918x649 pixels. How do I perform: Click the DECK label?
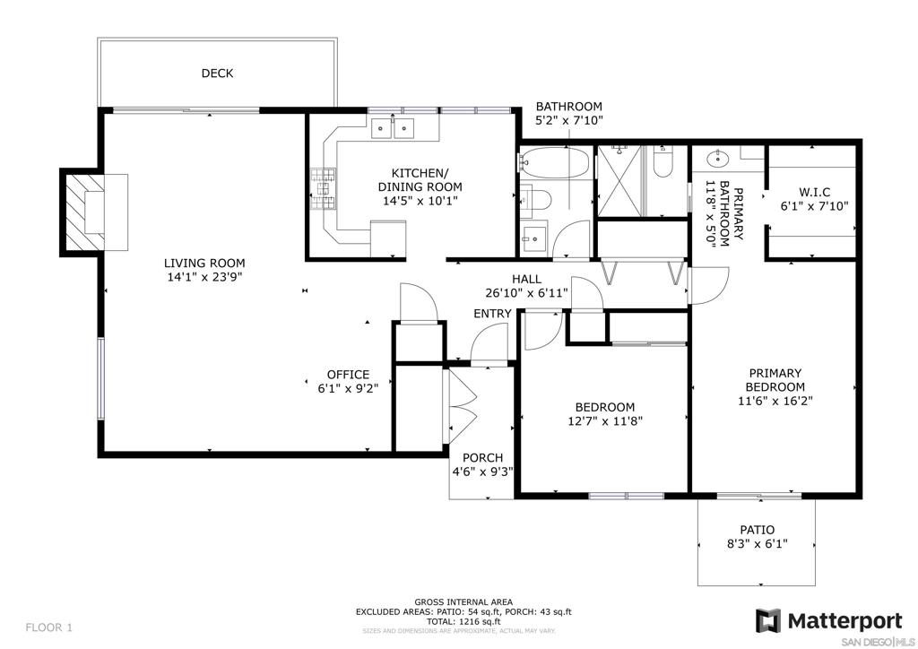point(217,74)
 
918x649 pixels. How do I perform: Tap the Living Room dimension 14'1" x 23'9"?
point(204,277)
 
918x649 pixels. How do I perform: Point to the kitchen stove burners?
point(323,188)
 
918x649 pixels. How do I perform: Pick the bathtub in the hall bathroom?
point(555,162)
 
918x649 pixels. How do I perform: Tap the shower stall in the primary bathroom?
point(619,181)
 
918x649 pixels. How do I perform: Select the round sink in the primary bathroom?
point(716,158)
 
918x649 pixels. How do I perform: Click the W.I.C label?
point(814,192)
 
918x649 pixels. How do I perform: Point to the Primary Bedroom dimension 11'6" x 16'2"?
point(775,401)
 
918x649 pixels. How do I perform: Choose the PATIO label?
point(757,530)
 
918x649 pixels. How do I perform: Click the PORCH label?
point(483,458)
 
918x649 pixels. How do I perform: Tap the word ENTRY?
point(492,314)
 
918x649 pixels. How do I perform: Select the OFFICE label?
point(349,375)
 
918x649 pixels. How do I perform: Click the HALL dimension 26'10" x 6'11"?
point(526,293)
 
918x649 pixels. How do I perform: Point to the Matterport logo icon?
point(767,621)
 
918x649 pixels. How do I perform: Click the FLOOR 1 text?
point(49,627)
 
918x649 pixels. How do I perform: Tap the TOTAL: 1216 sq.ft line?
point(463,621)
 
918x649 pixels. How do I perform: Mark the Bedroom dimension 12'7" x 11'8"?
point(605,420)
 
